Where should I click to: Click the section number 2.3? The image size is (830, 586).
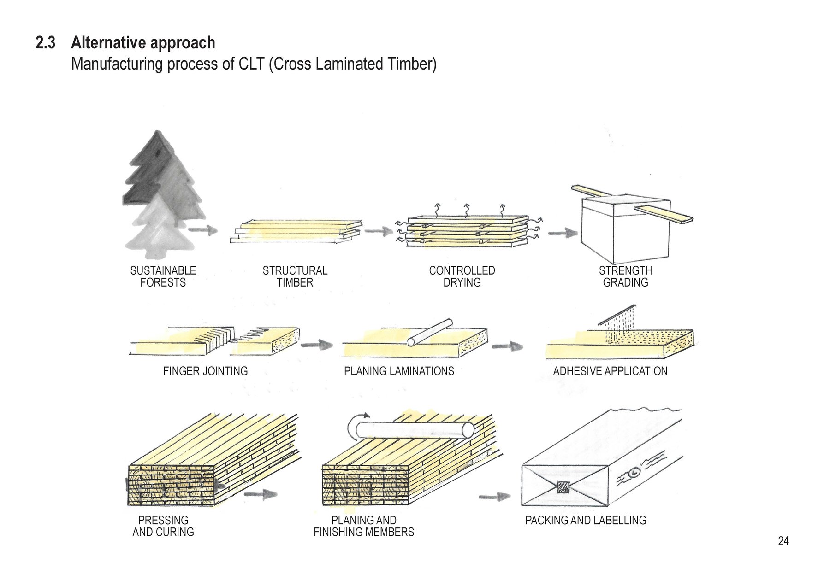tap(45, 43)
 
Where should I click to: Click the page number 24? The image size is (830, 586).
tap(783, 541)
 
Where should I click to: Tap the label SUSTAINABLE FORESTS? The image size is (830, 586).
tap(163, 276)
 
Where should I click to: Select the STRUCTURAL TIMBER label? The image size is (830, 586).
tap(295, 276)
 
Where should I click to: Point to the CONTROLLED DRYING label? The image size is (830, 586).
tap(462, 276)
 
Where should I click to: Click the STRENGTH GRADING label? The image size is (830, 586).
tap(625, 276)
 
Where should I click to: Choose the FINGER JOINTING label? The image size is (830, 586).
tap(205, 371)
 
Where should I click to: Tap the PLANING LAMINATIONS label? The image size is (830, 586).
tap(399, 371)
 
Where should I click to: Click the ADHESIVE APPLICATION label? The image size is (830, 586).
tap(610, 371)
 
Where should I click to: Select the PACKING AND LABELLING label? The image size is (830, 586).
tap(586, 520)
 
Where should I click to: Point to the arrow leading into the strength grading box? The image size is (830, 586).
tap(563, 233)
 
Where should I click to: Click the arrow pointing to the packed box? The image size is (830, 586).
tap(494, 497)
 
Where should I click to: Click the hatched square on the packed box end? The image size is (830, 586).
tap(563, 487)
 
